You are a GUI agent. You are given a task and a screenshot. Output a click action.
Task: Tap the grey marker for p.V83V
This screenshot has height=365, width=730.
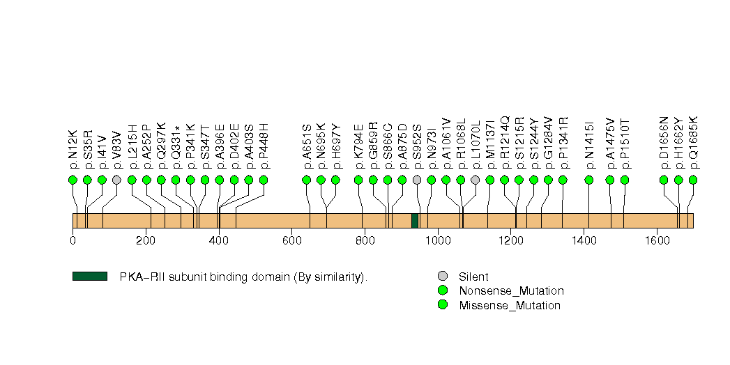point(116,180)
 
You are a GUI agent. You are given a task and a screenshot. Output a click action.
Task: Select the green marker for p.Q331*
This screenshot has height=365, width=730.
point(176,180)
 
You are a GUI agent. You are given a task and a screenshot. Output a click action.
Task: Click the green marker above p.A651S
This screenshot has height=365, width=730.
point(306,180)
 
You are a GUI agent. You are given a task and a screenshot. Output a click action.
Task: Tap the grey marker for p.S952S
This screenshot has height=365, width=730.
point(417,180)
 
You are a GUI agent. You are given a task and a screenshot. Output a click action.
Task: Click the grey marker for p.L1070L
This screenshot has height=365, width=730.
point(476,180)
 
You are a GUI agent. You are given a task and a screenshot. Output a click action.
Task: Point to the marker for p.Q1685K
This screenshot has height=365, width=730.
point(693,180)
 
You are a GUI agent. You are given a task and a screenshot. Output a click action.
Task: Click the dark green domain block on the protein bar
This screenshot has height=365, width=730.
point(415,220)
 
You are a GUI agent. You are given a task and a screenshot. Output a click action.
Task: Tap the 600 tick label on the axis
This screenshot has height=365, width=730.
point(291,241)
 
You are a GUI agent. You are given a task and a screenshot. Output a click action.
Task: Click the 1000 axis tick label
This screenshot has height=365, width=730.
point(438,241)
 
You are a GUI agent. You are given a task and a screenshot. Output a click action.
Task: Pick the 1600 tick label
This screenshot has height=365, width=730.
point(657,241)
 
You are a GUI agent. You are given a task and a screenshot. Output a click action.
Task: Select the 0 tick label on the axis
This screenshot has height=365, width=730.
point(73,241)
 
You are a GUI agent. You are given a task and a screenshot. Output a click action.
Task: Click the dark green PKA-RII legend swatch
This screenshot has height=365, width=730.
point(89,277)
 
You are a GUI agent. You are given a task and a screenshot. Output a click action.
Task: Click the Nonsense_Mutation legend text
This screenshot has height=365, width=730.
point(511,291)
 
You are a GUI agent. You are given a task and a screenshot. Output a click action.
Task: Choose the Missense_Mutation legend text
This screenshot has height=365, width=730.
point(510,305)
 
